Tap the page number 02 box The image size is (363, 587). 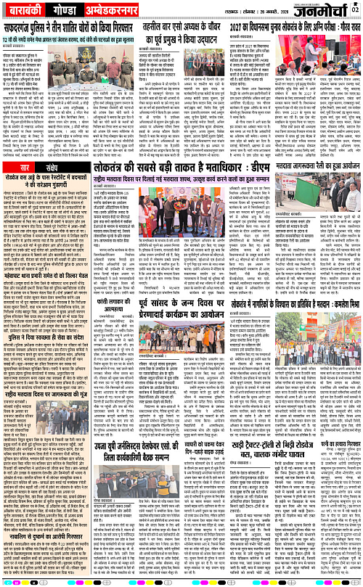point(354,9)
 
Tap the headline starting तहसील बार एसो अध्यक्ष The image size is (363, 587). point(181,27)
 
